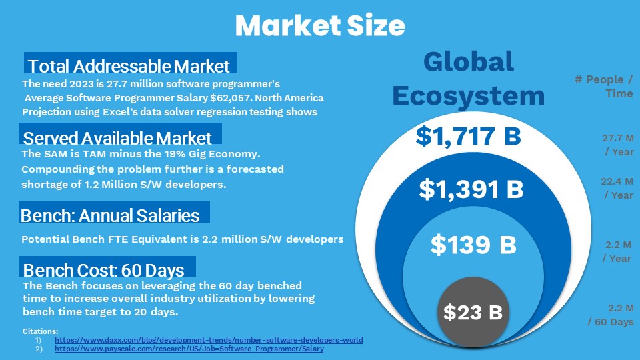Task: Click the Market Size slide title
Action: [x=320, y=25]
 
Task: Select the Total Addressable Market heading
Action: [x=129, y=66]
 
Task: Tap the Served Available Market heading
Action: [x=117, y=138]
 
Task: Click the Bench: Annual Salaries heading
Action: [x=110, y=215]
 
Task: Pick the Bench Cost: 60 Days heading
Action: [x=104, y=270]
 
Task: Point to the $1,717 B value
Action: [x=468, y=136]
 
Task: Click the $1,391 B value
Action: [x=471, y=189]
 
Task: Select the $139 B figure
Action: [x=473, y=245]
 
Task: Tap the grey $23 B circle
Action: [x=473, y=312]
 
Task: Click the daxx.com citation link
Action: [x=209, y=340]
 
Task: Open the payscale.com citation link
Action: [x=189, y=349]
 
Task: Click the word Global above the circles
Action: [x=469, y=61]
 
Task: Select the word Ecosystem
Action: [x=469, y=96]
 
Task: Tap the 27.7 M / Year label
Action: [x=618, y=145]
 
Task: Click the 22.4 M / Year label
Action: [x=617, y=188]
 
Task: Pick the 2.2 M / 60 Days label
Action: [x=611, y=315]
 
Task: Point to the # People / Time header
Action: [x=604, y=86]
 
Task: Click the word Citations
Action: [x=41, y=331]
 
